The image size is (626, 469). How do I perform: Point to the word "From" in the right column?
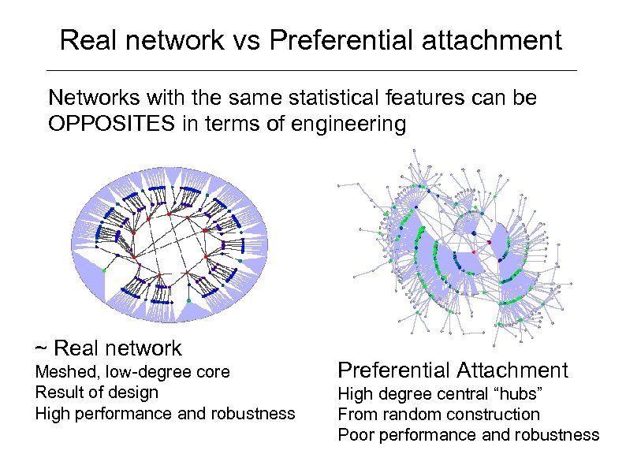pyautogui.click(x=356, y=415)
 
